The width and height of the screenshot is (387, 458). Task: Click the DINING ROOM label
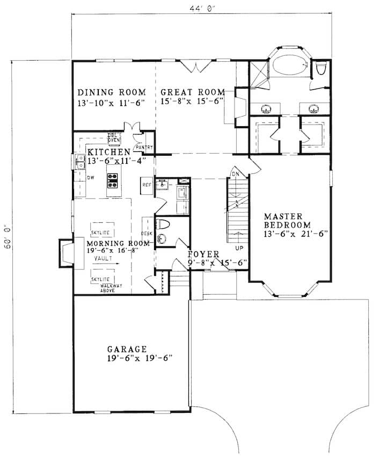111,92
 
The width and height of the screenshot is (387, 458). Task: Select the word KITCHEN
109,152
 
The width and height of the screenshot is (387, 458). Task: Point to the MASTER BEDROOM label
287,220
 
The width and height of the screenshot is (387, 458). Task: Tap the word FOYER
203,254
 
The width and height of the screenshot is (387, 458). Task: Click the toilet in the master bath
322,69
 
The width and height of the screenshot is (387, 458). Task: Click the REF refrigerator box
147,185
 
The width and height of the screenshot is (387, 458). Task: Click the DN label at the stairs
235,173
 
